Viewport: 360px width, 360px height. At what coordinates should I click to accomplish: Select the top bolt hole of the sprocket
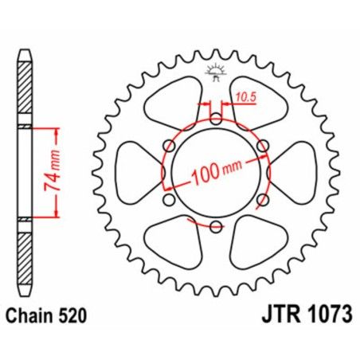[215, 119]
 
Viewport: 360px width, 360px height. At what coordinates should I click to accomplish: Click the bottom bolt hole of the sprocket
[215, 226]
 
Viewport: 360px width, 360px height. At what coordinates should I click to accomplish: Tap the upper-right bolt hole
[261, 146]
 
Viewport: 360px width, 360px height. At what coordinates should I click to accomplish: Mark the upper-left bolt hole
[170, 146]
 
